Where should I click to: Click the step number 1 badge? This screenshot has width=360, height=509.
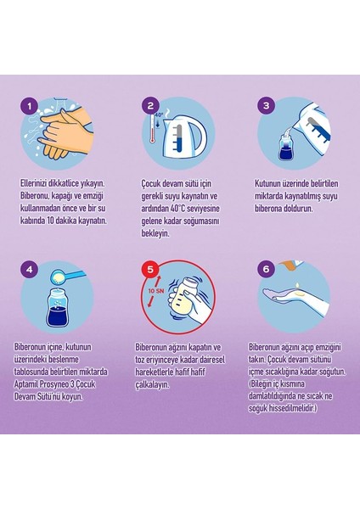coord(30,106)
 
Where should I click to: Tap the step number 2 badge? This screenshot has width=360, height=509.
coord(150,105)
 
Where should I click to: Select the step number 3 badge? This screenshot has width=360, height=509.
coord(267,105)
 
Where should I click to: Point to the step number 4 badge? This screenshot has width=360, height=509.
coord(30,270)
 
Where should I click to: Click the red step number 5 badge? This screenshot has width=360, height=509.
coord(150,269)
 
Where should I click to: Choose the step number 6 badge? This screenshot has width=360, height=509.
coord(267,269)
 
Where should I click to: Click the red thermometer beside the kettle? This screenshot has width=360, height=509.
coord(152,129)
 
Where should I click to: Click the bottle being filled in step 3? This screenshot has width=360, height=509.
coord(287,148)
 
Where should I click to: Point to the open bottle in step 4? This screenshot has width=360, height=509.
coord(58,308)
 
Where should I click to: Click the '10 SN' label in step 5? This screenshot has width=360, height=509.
coord(155,291)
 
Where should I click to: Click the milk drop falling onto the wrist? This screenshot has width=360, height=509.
coord(298,286)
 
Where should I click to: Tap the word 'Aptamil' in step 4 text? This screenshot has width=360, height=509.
coord(26,384)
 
